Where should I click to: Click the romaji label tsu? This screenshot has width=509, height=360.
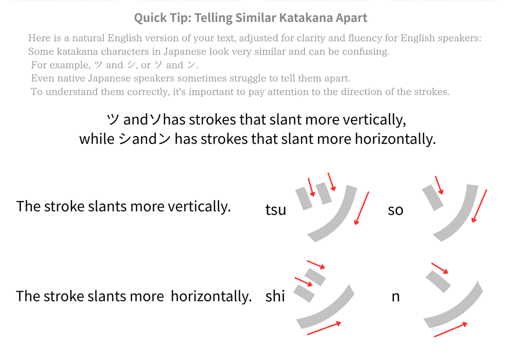pyautogui.click(x=276, y=210)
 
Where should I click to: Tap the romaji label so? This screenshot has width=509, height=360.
pyautogui.click(x=396, y=210)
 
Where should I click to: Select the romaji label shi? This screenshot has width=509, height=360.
pyautogui.click(x=275, y=296)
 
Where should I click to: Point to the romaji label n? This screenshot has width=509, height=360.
pyautogui.click(x=396, y=297)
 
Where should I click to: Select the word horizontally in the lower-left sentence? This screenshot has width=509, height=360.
pyautogui.click(x=211, y=296)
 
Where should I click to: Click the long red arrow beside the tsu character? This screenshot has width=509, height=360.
pyautogui.click(x=362, y=208)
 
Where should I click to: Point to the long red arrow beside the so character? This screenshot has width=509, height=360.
pyautogui.click(x=479, y=206)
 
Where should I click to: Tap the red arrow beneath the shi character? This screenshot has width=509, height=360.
pyautogui.click(x=324, y=328)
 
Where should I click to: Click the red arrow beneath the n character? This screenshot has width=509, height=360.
pyautogui.click(x=451, y=330)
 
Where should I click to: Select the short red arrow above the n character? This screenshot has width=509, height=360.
pyautogui.click(x=440, y=268)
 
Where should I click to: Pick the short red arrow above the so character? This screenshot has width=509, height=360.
pyautogui.click(x=439, y=185)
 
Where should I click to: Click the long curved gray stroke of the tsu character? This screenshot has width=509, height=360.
pyautogui.click(x=338, y=218)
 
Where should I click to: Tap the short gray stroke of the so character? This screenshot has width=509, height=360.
pyautogui.click(x=433, y=197)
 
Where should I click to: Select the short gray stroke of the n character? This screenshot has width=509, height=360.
pyautogui.click(x=438, y=282)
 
